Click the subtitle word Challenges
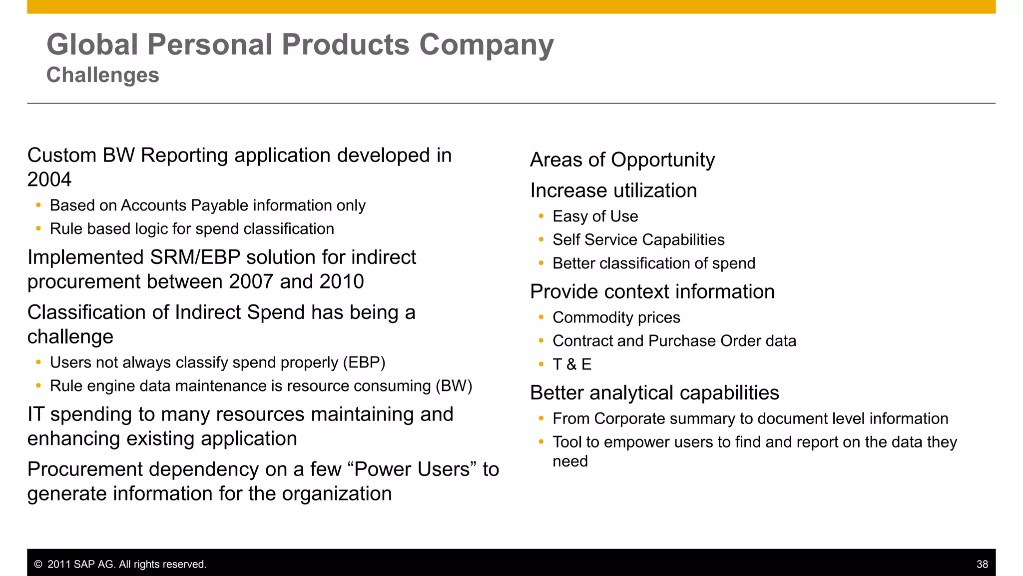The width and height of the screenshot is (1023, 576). (102, 75)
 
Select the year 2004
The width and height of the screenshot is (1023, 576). (49, 179)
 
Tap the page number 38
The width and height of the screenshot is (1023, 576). (982, 564)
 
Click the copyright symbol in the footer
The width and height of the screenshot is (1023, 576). (38, 564)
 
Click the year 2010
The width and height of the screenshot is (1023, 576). (341, 282)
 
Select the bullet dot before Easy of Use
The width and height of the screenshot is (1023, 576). (541, 216)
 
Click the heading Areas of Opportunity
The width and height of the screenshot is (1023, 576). (622, 160)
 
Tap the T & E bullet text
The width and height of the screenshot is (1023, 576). (572, 364)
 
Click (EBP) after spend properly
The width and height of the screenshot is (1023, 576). (364, 362)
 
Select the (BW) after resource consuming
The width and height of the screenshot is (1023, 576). (454, 386)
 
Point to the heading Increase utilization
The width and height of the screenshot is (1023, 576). (613, 190)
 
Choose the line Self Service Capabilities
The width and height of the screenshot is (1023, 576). (638, 240)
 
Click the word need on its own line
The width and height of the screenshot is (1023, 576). (570, 461)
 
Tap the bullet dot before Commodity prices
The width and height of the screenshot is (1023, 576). (541, 317)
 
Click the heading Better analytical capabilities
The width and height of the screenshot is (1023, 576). (654, 393)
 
